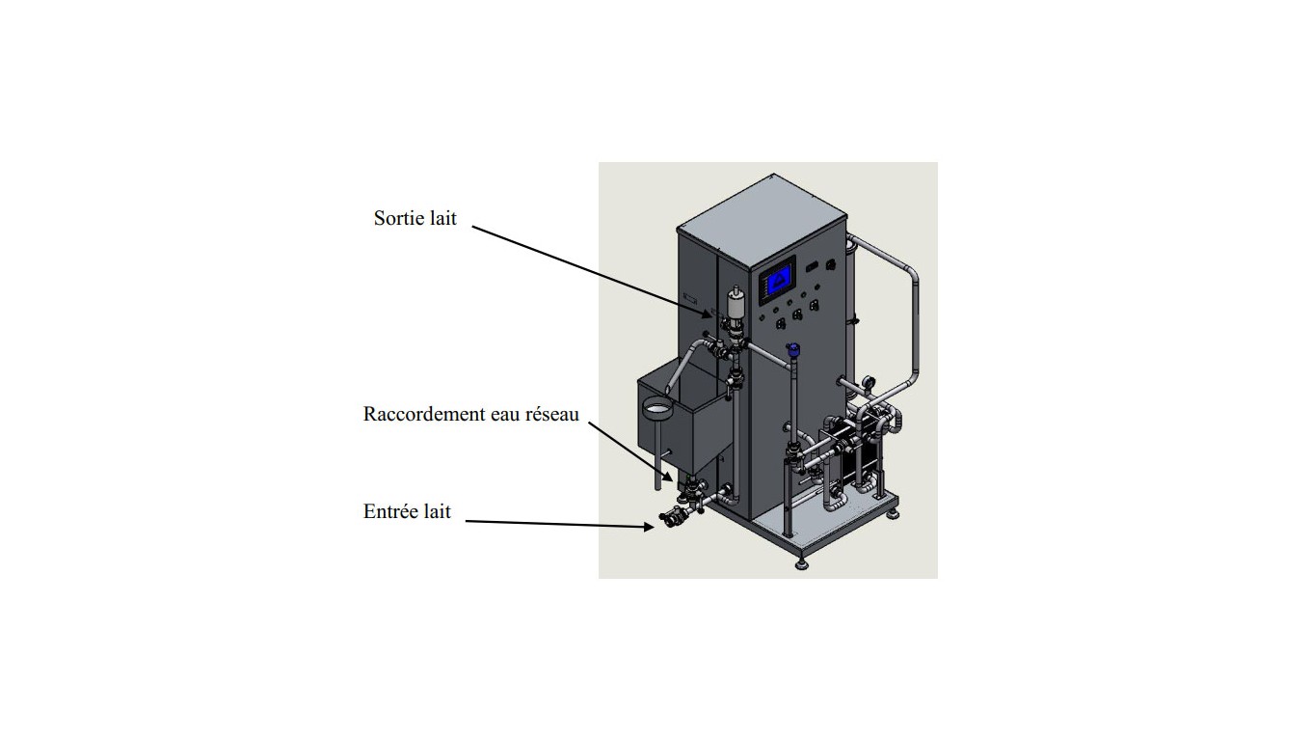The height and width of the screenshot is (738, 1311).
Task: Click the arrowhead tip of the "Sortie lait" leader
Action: point(712,316)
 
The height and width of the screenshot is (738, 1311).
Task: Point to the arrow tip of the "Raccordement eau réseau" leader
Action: point(673,480)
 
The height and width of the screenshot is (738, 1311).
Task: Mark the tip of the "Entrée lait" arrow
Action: point(655,527)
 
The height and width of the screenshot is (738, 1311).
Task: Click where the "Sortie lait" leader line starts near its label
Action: point(472,227)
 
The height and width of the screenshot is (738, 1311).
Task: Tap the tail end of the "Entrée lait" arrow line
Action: point(466,521)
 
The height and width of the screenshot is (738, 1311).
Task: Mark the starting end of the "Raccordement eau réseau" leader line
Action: point(589,423)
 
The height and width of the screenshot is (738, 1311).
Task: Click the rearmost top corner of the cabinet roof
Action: point(774,174)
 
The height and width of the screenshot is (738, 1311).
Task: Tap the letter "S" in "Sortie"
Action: point(379,218)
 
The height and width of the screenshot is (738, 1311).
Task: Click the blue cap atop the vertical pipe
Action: point(793,349)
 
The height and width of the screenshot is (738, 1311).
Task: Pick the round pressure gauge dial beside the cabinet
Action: point(867,381)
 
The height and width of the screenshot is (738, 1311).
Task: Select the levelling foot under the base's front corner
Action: point(801,563)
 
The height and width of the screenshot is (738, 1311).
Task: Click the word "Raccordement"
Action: point(424,414)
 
